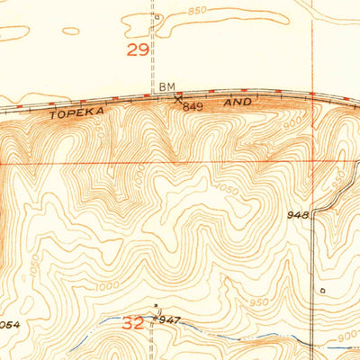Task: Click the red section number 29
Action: pos(137,50)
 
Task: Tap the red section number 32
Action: pos(132,322)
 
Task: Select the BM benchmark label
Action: pos(166,86)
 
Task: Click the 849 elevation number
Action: pos(192,107)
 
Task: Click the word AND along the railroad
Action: pos(238,103)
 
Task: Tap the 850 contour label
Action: pos(197,11)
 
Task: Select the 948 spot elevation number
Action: pos(299,215)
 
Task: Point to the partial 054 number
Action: pos(9,322)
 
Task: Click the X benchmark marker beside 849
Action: pos(177,95)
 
